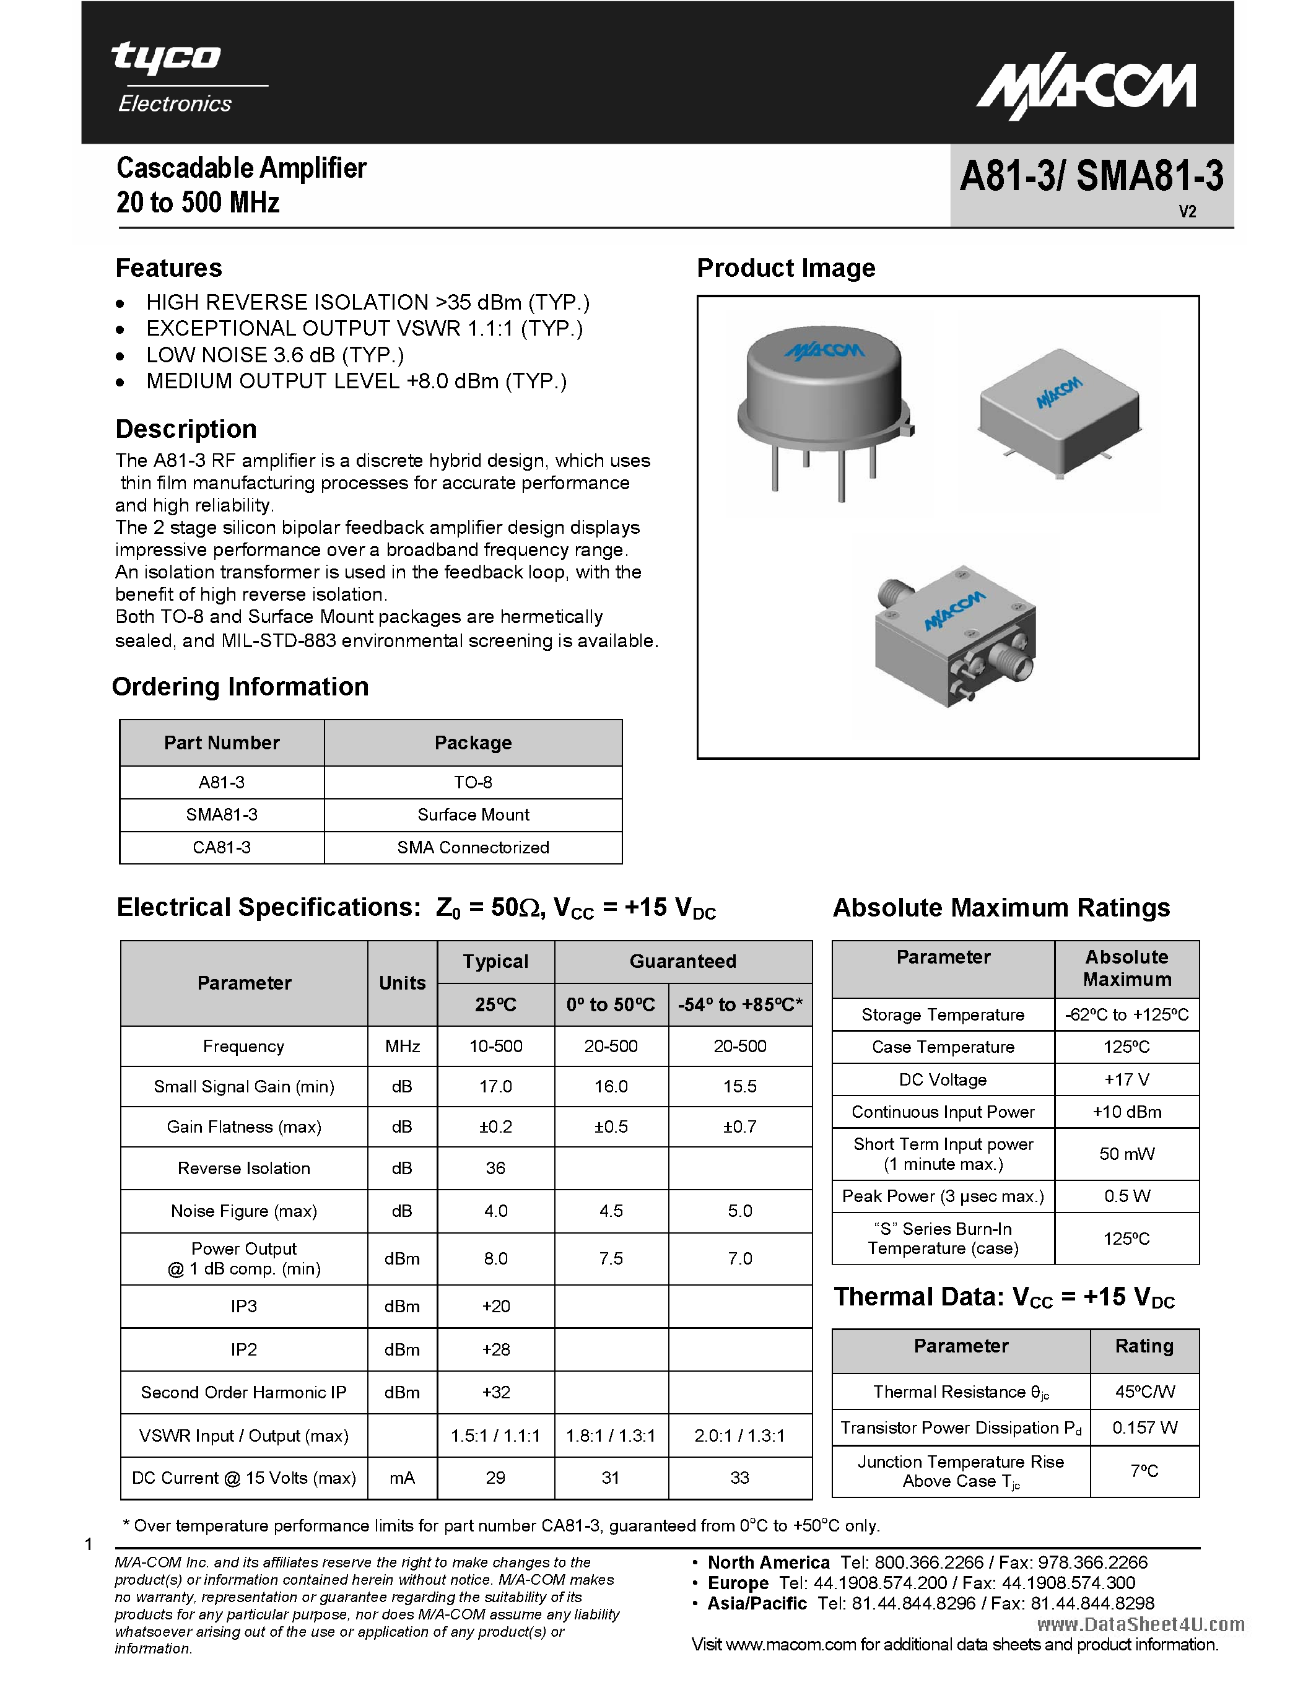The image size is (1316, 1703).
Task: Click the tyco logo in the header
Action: (x=165, y=58)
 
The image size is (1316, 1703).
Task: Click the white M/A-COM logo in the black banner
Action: (x=1087, y=90)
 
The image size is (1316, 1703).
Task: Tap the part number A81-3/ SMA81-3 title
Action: (x=1091, y=176)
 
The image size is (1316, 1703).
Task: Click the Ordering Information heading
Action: (x=240, y=686)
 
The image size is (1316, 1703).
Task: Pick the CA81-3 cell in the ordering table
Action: (x=222, y=848)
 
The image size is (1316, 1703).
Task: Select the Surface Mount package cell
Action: (x=473, y=815)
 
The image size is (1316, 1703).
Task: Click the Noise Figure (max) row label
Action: (x=243, y=1211)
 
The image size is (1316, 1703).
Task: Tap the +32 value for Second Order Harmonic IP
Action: (x=496, y=1392)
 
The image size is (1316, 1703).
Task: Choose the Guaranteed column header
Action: (x=682, y=962)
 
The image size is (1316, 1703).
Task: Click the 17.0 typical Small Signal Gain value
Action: (x=496, y=1086)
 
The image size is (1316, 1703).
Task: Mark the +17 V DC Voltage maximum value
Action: (x=1126, y=1080)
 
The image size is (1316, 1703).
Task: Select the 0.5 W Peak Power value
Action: (x=1126, y=1196)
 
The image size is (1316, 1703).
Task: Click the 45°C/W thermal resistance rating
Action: (x=1144, y=1392)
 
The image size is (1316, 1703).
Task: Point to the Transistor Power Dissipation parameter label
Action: (x=961, y=1428)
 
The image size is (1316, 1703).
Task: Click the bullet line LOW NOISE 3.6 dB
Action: (x=274, y=355)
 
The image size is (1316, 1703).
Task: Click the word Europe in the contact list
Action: (x=738, y=1583)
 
